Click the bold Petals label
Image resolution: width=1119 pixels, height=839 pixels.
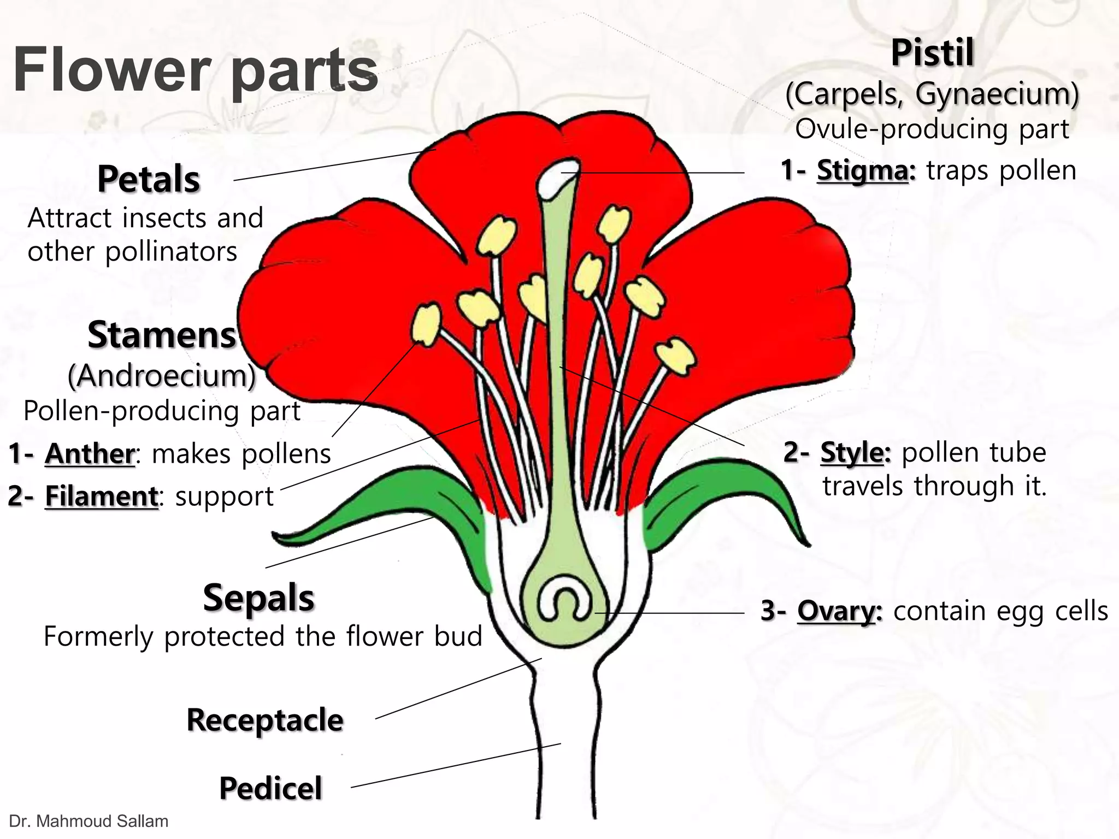(x=149, y=179)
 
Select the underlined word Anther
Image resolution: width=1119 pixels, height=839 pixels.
(x=90, y=453)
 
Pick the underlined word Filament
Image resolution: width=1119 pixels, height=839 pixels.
(x=102, y=496)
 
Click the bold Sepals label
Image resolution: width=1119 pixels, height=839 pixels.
(x=258, y=598)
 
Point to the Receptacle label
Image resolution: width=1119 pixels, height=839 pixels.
(x=265, y=720)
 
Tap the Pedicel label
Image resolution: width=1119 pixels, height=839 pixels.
(x=270, y=788)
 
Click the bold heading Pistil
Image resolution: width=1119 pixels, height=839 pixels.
(x=932, y=53)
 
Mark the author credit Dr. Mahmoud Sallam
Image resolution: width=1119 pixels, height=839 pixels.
(x=89, y=821)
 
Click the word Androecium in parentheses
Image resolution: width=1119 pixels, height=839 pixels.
(x=162, y=376)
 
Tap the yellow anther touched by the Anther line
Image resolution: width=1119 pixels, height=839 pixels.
(x=426, y=324)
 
